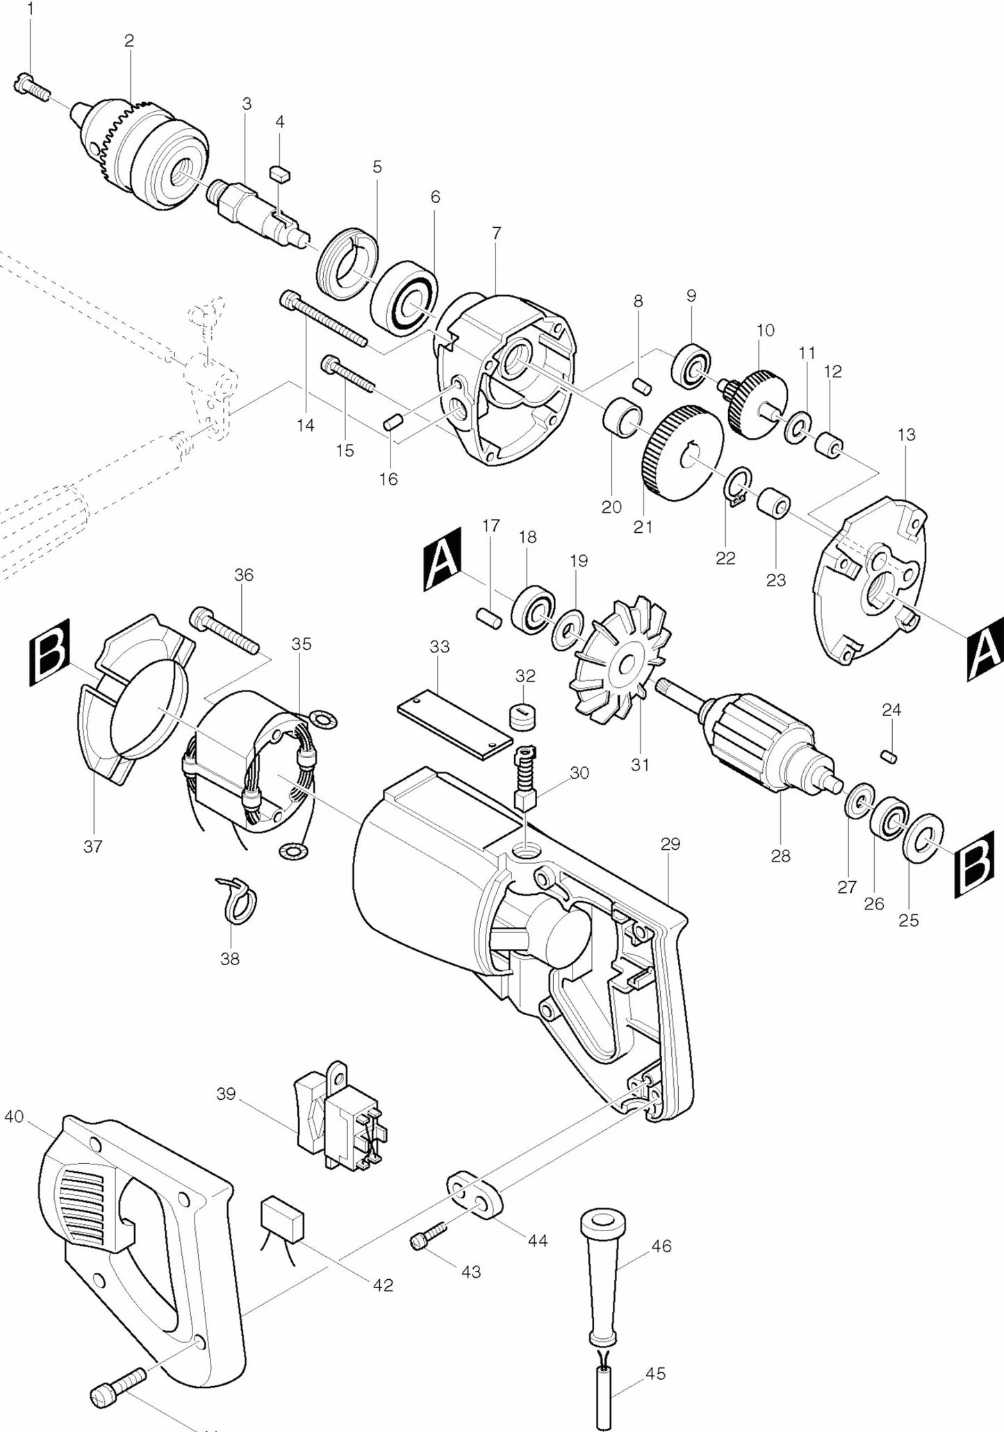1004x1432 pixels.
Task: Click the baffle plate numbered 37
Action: point(132,702)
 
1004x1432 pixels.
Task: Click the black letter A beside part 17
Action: point(442,559)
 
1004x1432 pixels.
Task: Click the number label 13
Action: point(906,435)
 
